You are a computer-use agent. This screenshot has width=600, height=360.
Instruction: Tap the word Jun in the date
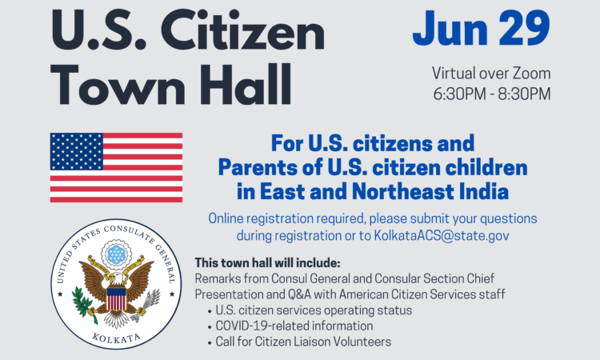click(450, 28)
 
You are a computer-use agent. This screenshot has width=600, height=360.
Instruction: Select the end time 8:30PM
click(524, 94)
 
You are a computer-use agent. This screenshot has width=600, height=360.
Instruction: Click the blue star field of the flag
click(77, 151)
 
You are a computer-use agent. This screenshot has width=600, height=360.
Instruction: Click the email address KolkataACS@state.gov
click(442, 235)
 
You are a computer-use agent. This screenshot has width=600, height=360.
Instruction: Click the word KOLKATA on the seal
click(116, 338)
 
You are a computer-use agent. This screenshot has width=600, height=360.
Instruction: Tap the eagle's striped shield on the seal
click(116, 298)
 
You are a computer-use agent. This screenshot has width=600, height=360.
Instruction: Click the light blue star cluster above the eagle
click(116, 254)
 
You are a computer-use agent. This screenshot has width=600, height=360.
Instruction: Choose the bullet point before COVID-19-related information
click(210, 327)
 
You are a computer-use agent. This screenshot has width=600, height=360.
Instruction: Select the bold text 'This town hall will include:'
click(267, 263)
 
